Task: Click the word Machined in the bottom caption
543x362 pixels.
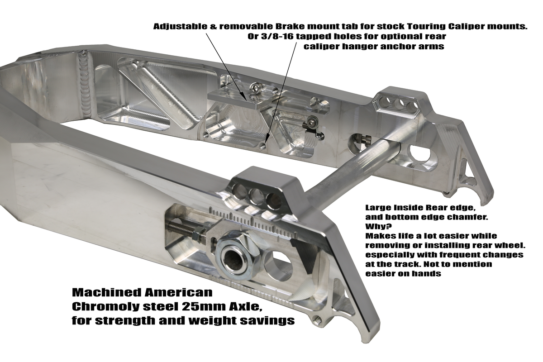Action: (x=106, y=292)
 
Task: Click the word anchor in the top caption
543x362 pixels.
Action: (x=397, y=46)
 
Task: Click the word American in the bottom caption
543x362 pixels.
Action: (x=178, y=292)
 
